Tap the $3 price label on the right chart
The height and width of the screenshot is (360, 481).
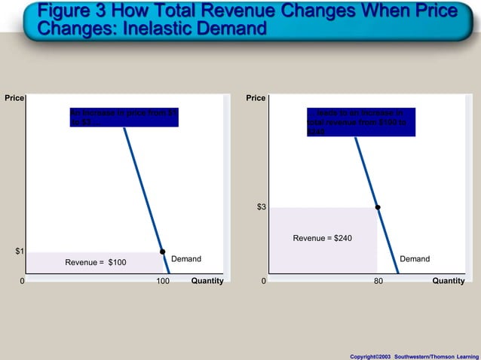(x=261, y=206)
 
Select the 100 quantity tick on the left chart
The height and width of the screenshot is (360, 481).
(x=162, y=281)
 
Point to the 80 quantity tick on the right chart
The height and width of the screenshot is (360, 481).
(x=378, y=281)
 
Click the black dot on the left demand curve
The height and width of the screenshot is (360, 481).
(x=162, y=252)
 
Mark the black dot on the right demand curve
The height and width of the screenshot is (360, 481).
(x=378, y=207)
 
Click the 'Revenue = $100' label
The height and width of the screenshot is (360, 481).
(x=96, y=263)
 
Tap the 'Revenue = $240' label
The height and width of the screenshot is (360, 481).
(x=322, y=238)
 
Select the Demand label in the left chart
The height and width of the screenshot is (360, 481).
(x=186, y=259)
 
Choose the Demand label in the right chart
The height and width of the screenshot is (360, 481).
(x=415, y=259)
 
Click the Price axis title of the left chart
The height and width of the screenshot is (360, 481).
(x=14, y=99)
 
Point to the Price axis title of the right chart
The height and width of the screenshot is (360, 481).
(x=256, y=99)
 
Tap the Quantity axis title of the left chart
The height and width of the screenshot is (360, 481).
(x=207, y=281)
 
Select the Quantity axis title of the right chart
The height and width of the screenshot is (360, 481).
(x=449, y=281)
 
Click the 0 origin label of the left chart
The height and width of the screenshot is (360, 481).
(x=22, y=281)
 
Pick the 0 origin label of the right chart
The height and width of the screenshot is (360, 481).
(x=263, y=281)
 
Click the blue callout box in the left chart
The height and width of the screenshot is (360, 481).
(x=124, y=117)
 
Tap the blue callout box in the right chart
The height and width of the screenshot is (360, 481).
(x=360, y=121)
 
